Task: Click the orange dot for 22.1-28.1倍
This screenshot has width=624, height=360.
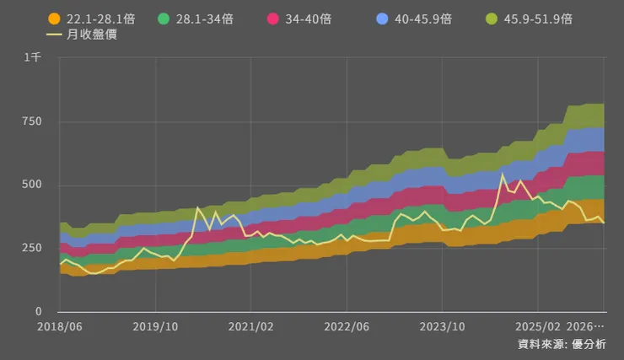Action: tap(54, 19)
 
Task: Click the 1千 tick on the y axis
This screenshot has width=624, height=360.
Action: tap(33, 57)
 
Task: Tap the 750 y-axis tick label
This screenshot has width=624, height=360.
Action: tap(31, 121)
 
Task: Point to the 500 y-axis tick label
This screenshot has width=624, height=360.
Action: tap(31, 185)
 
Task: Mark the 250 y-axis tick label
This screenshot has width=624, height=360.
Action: tap(31, 249)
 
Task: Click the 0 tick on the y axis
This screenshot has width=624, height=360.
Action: tap(38, 312)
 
